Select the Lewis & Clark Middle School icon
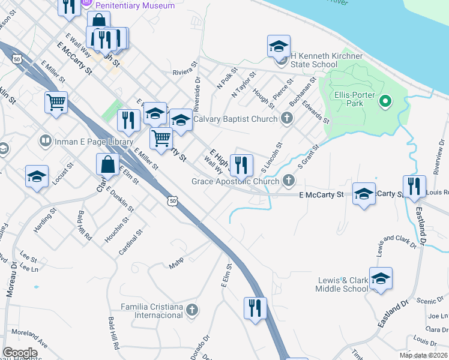click(381, 278)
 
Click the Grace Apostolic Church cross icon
click(289, 181)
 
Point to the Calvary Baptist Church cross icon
click(287, 118)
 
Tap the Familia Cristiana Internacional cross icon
click(192, 310)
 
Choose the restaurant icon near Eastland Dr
click(414, 187)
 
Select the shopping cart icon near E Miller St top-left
click(56, 102)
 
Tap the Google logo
click(20, 353)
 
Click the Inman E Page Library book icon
click(45, 141)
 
